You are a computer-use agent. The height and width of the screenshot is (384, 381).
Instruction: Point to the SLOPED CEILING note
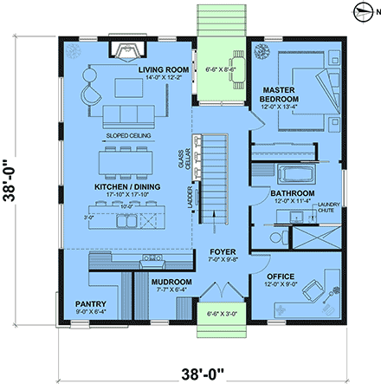130,136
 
